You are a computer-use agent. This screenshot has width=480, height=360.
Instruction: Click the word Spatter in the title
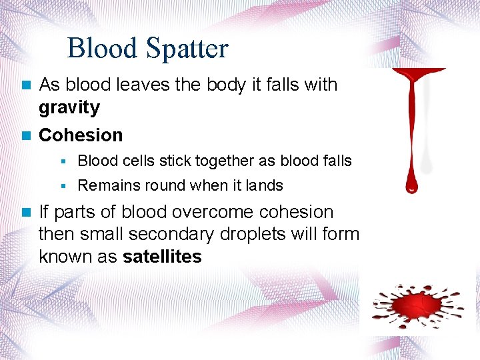coord(192,49)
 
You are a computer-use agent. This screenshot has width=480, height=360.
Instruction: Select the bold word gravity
coord(69,107)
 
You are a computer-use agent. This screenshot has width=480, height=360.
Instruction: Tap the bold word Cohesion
coord(81,135)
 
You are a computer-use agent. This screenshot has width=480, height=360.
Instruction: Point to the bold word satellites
coord(162,257)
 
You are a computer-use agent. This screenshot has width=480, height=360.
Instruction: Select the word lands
coord(265,185)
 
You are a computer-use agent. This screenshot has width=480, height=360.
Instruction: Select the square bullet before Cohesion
coord(26,135)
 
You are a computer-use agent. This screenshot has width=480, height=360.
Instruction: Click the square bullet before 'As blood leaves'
coord(26,85)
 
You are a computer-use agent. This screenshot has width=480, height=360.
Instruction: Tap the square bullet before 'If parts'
coord(26,213)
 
